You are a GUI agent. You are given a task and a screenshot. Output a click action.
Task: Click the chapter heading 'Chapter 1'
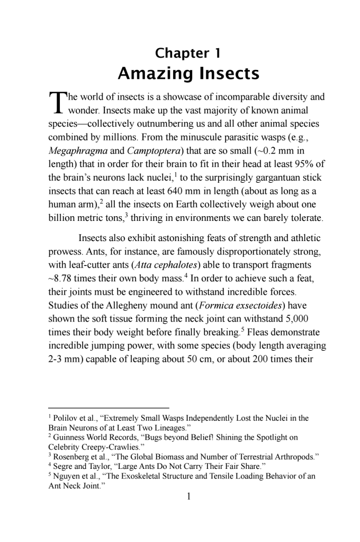point(187,53)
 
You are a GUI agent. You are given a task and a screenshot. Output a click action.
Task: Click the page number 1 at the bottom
point(188,496)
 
